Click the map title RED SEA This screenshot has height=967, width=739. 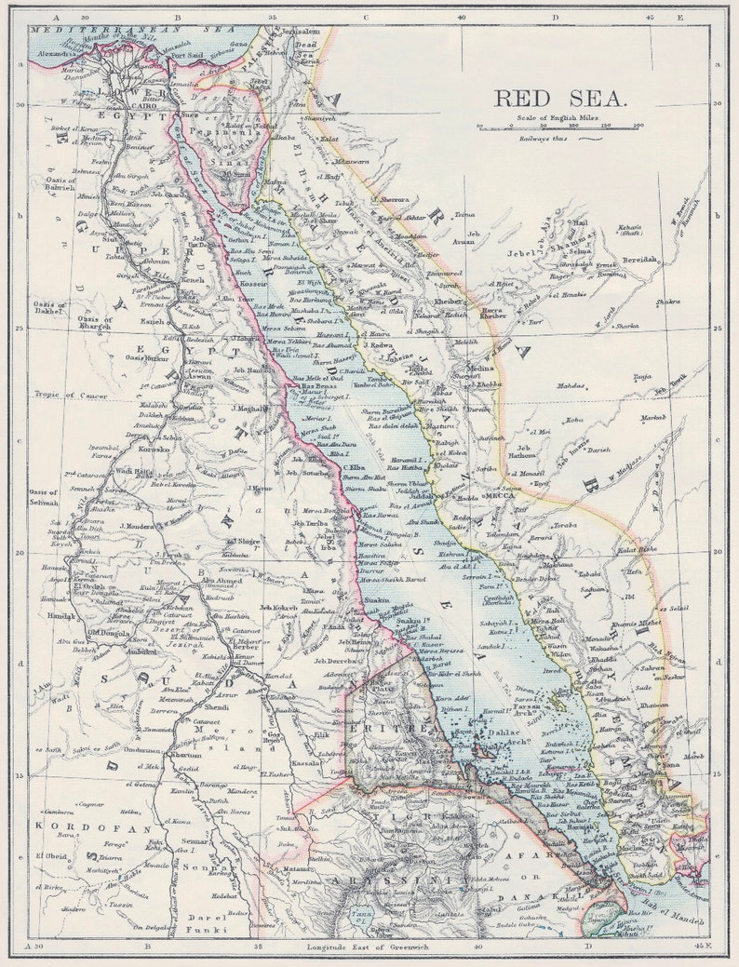click(x=560, y=99)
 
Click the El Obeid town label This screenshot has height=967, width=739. click(x=52, y=855)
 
